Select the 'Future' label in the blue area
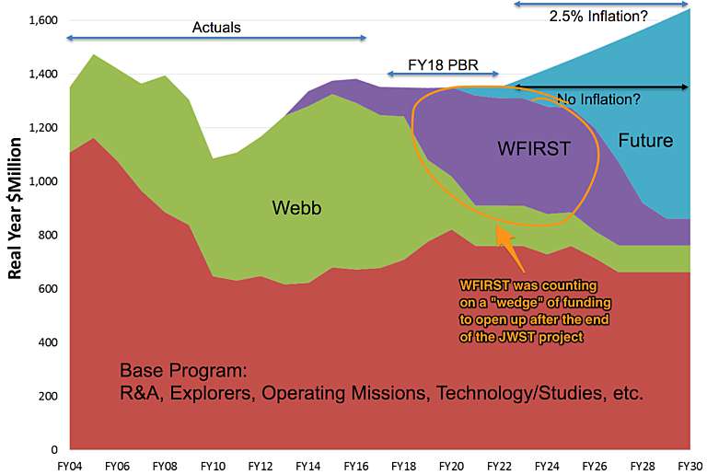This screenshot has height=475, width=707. pos(644,141)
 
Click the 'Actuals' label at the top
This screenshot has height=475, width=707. pos(216,27)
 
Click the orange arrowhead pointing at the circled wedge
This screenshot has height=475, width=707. pos(503,235)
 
